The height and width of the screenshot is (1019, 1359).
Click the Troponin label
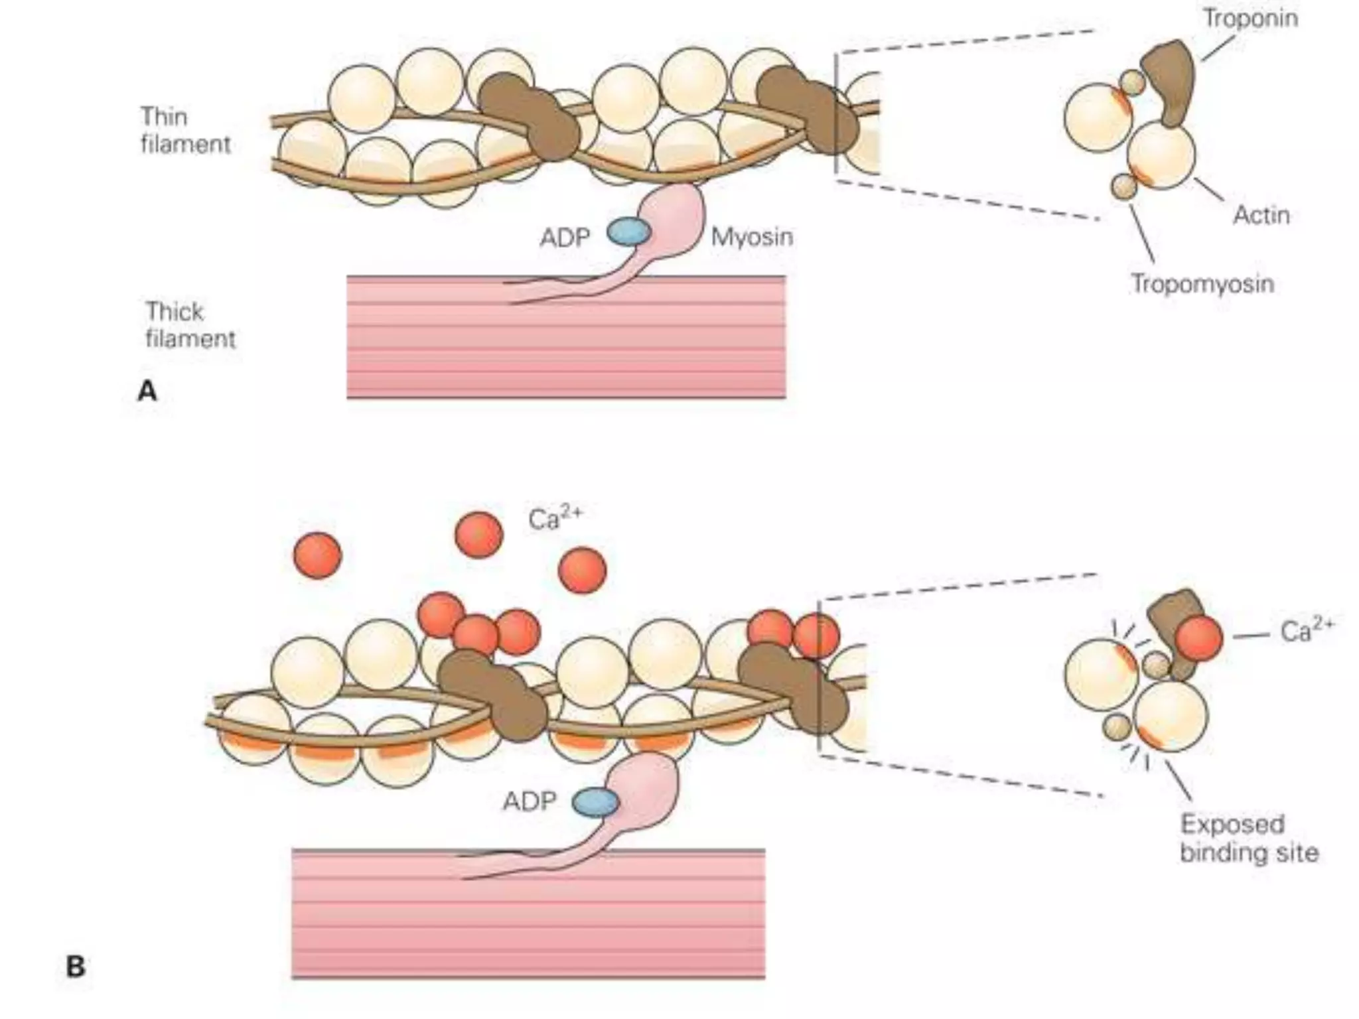(1250, 18)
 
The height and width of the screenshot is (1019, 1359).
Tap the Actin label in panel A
(1261, 215)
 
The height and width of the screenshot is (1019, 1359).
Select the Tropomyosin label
(1202, 283)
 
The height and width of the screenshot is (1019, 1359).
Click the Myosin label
(752, 237)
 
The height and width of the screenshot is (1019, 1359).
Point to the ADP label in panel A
(565, 238)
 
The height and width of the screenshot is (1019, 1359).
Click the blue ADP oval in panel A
(628, 233)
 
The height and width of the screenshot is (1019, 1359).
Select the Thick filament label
(190, 325)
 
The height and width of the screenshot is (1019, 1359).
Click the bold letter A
(147, 391)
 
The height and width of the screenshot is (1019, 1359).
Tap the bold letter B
(76, 967)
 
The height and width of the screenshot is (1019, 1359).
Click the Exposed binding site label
(1249, 838)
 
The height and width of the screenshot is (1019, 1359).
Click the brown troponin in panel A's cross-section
(1171, 80)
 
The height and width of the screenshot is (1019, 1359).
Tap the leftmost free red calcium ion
(317, 555)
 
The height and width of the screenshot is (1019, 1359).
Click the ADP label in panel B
(529, 801)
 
